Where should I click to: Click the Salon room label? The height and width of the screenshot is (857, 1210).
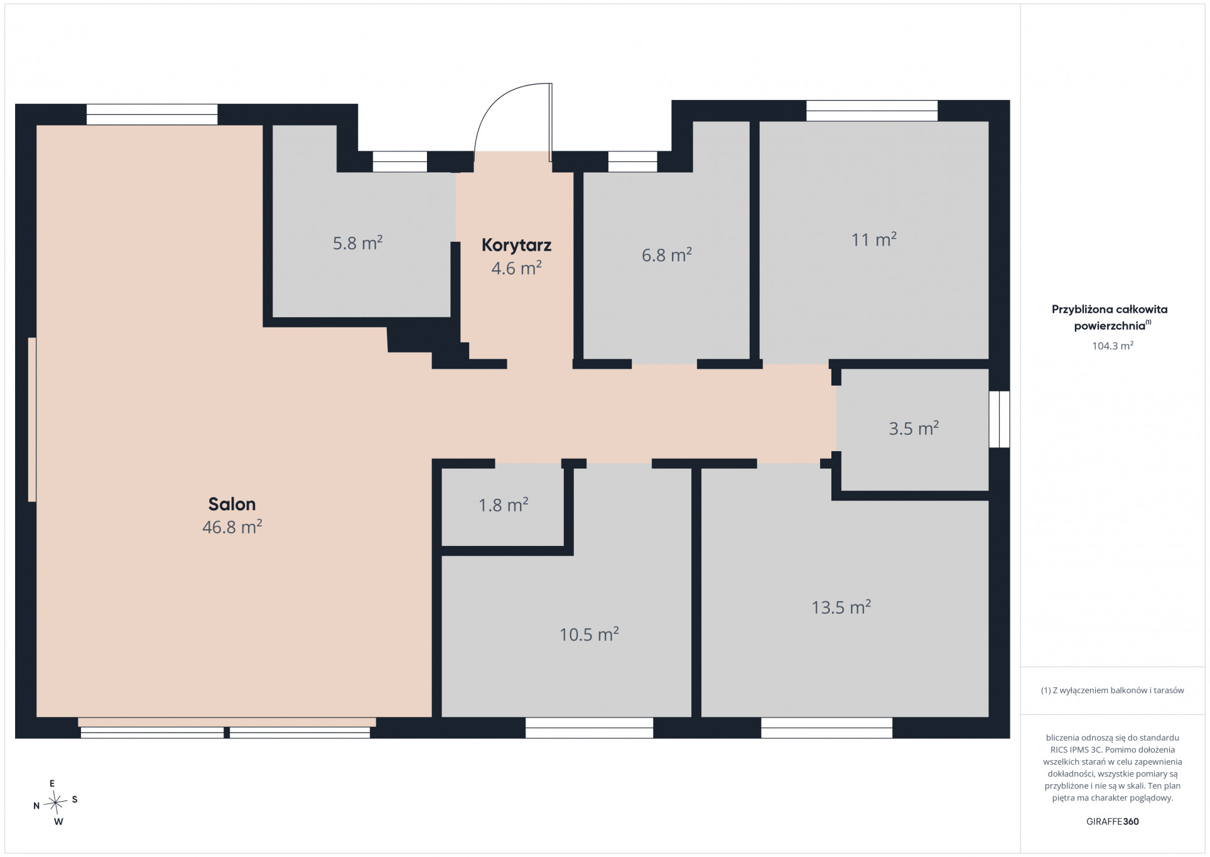tap(232, 504)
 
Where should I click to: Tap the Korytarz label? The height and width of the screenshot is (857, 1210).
tap(516, 245)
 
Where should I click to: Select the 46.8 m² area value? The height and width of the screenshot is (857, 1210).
tap(232, 527)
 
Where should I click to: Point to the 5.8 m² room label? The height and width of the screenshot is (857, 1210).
tap(357, 243)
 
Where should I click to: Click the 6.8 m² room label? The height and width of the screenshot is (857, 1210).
tap(666, 254)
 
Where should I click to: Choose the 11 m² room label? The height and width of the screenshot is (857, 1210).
tap(873, 239)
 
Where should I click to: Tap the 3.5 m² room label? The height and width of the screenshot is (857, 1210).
tap(914, 428)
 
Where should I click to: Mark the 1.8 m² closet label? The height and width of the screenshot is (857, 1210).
tap(503, 505)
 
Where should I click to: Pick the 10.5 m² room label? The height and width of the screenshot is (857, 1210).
tap(589, 634)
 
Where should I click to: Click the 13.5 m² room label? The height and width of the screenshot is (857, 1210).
tap(841, 607)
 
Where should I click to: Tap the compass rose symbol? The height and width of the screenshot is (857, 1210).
tap(56, 801)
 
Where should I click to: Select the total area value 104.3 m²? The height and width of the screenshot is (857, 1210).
tap(1112, 346)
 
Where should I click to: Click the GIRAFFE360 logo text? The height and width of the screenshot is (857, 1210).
tap(1112, 821)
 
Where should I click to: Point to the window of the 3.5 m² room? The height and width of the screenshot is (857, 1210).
tap(999, 419)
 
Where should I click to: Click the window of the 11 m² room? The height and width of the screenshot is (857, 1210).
tap(872, 111)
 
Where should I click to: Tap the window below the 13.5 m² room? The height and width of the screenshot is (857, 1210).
tap(826, 728)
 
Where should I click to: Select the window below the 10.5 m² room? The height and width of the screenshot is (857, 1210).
tap(589, 728)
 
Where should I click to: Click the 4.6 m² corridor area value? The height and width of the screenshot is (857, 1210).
tap(516, 268)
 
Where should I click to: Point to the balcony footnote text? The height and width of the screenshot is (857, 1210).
tap(1112, 690)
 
